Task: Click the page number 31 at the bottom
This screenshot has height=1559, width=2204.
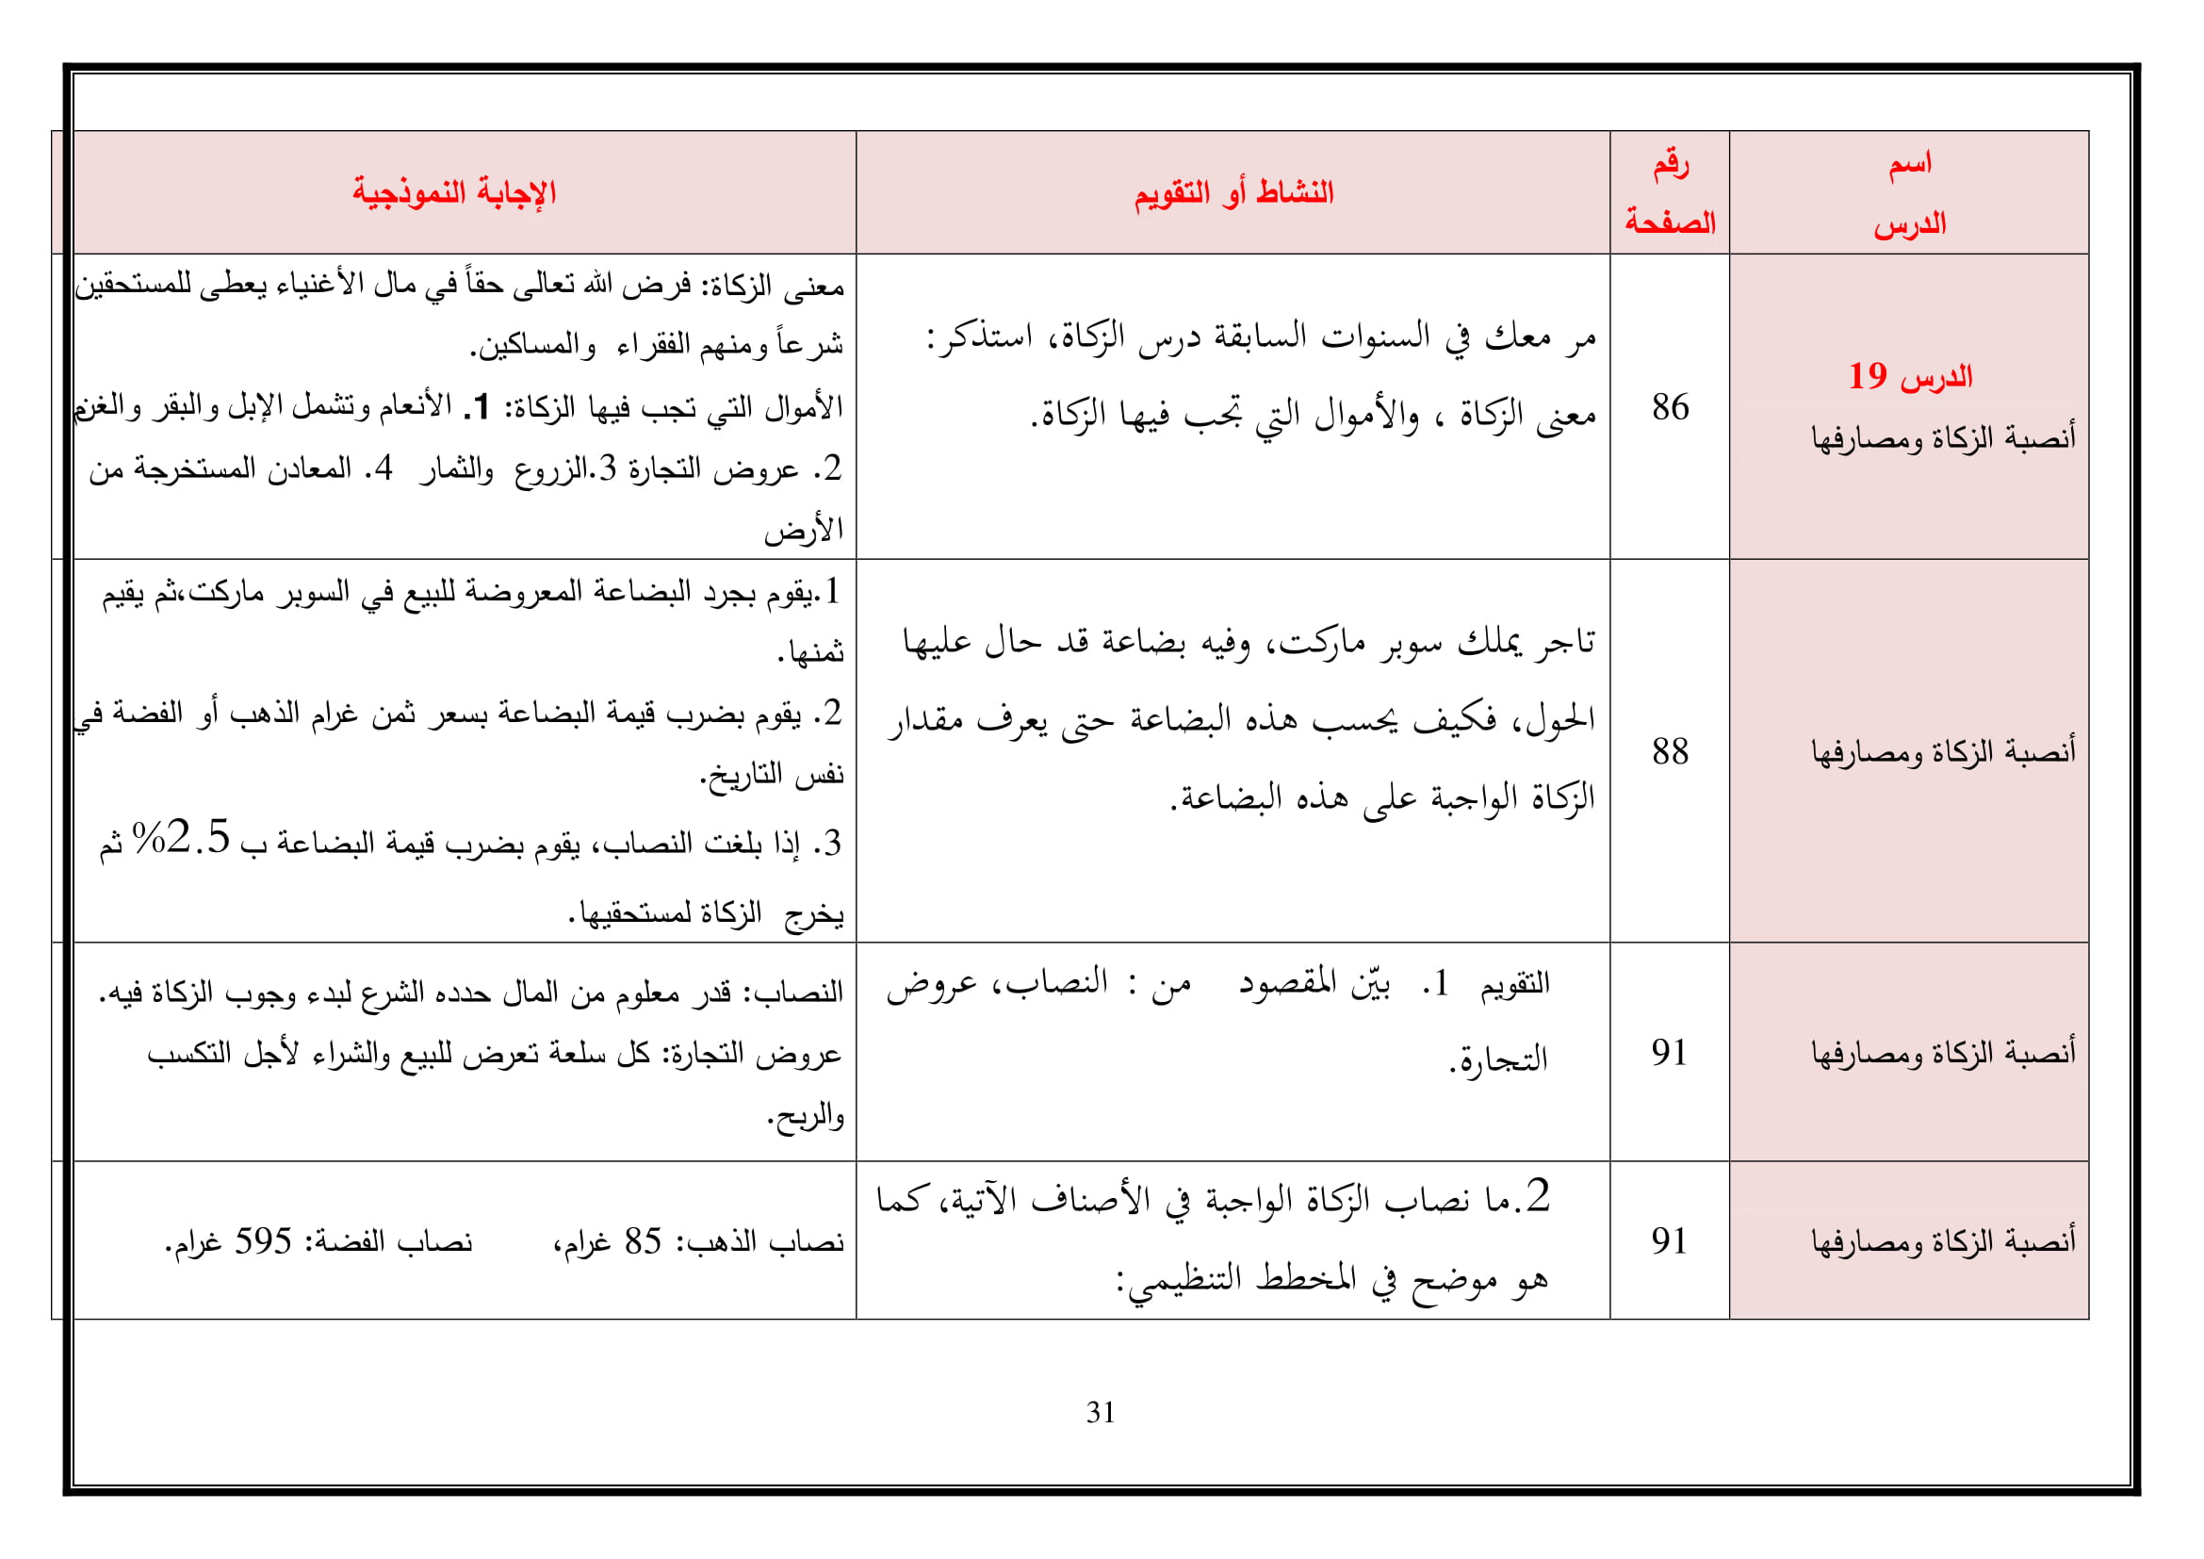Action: click(1100, 1412)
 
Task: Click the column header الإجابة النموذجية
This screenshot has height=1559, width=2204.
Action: click(454, 193)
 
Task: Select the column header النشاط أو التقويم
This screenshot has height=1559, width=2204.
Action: click(1233, 193)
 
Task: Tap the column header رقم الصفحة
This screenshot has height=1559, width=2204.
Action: click(1670, 193)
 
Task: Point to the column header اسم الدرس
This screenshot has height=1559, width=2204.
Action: click(1909, 193)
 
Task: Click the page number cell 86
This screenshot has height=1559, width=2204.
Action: click(1671, 407)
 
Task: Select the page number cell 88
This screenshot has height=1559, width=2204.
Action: click(1671, 751)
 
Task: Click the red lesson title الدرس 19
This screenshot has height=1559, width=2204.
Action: click(1910, 376)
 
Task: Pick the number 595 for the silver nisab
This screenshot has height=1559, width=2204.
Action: click(263, 1241)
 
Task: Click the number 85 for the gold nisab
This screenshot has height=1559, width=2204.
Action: click(644, 1241)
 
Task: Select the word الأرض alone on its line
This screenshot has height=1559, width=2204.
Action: click(804, 530)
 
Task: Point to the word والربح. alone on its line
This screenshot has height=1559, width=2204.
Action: click(806, 1115)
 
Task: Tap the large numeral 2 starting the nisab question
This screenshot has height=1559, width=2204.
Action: click(1538, 1196)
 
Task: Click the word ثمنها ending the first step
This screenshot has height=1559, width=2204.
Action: click(812, 653)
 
